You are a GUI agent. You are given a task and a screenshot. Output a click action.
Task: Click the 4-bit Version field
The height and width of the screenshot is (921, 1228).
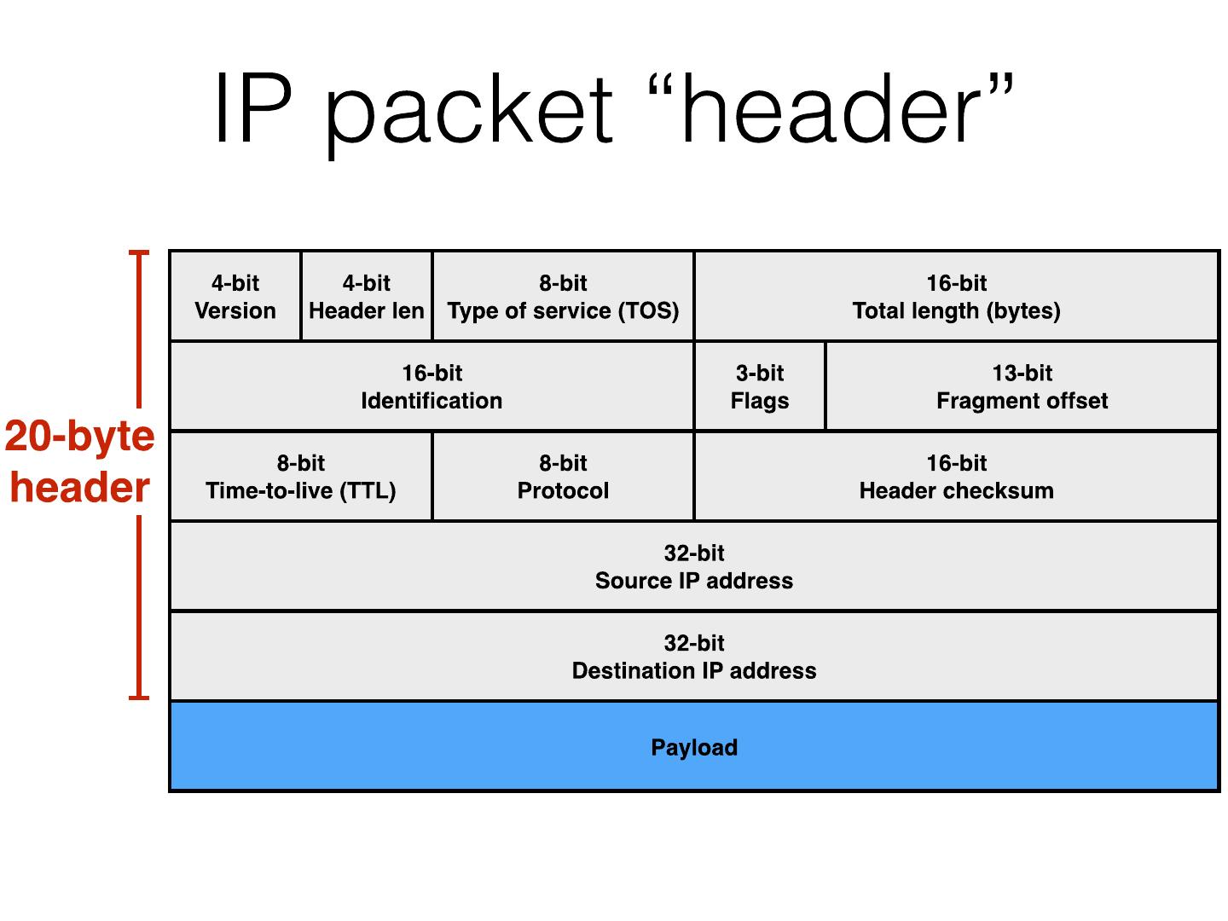[235, 297]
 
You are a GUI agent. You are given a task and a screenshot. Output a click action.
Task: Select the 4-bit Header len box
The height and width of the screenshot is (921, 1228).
[367, 297]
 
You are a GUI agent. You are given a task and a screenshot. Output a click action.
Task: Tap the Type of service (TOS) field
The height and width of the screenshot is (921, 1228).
[563, 297]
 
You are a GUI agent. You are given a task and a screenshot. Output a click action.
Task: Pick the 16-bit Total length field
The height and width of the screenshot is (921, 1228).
[956, 297]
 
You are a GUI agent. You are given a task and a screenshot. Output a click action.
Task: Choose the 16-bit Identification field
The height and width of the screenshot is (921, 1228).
[432, 386]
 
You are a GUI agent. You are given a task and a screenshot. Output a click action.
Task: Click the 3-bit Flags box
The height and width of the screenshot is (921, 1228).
[760, 386]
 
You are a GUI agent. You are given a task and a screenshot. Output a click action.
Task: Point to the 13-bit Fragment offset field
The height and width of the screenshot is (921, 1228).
[1022, 386]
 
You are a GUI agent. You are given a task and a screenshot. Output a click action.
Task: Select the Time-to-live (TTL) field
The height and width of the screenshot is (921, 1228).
[301, 477]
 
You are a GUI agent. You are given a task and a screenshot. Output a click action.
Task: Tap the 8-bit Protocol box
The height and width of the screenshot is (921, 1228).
[563, 477]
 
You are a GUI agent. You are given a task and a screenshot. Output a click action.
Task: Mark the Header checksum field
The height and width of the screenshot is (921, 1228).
[956, 477]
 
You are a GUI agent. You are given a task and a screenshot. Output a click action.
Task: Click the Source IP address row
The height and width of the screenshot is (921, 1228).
[694, 566]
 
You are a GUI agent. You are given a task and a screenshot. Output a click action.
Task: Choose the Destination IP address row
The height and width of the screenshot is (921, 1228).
[694, 657]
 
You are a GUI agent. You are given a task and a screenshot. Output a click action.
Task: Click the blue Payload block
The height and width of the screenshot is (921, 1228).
[426, 747]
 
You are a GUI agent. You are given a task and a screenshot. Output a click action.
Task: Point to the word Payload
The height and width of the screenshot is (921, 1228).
[694, 748]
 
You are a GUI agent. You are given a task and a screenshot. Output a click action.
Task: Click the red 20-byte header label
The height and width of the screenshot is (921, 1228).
[80, 461]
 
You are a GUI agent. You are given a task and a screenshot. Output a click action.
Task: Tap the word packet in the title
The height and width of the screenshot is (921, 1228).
[469, 111]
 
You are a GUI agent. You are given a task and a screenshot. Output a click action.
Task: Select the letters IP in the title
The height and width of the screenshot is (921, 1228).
[252, 109]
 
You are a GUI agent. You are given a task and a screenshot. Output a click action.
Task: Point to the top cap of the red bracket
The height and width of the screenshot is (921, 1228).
[139, 253]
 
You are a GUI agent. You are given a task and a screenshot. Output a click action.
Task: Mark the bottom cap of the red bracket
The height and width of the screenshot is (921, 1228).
[139, 698]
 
